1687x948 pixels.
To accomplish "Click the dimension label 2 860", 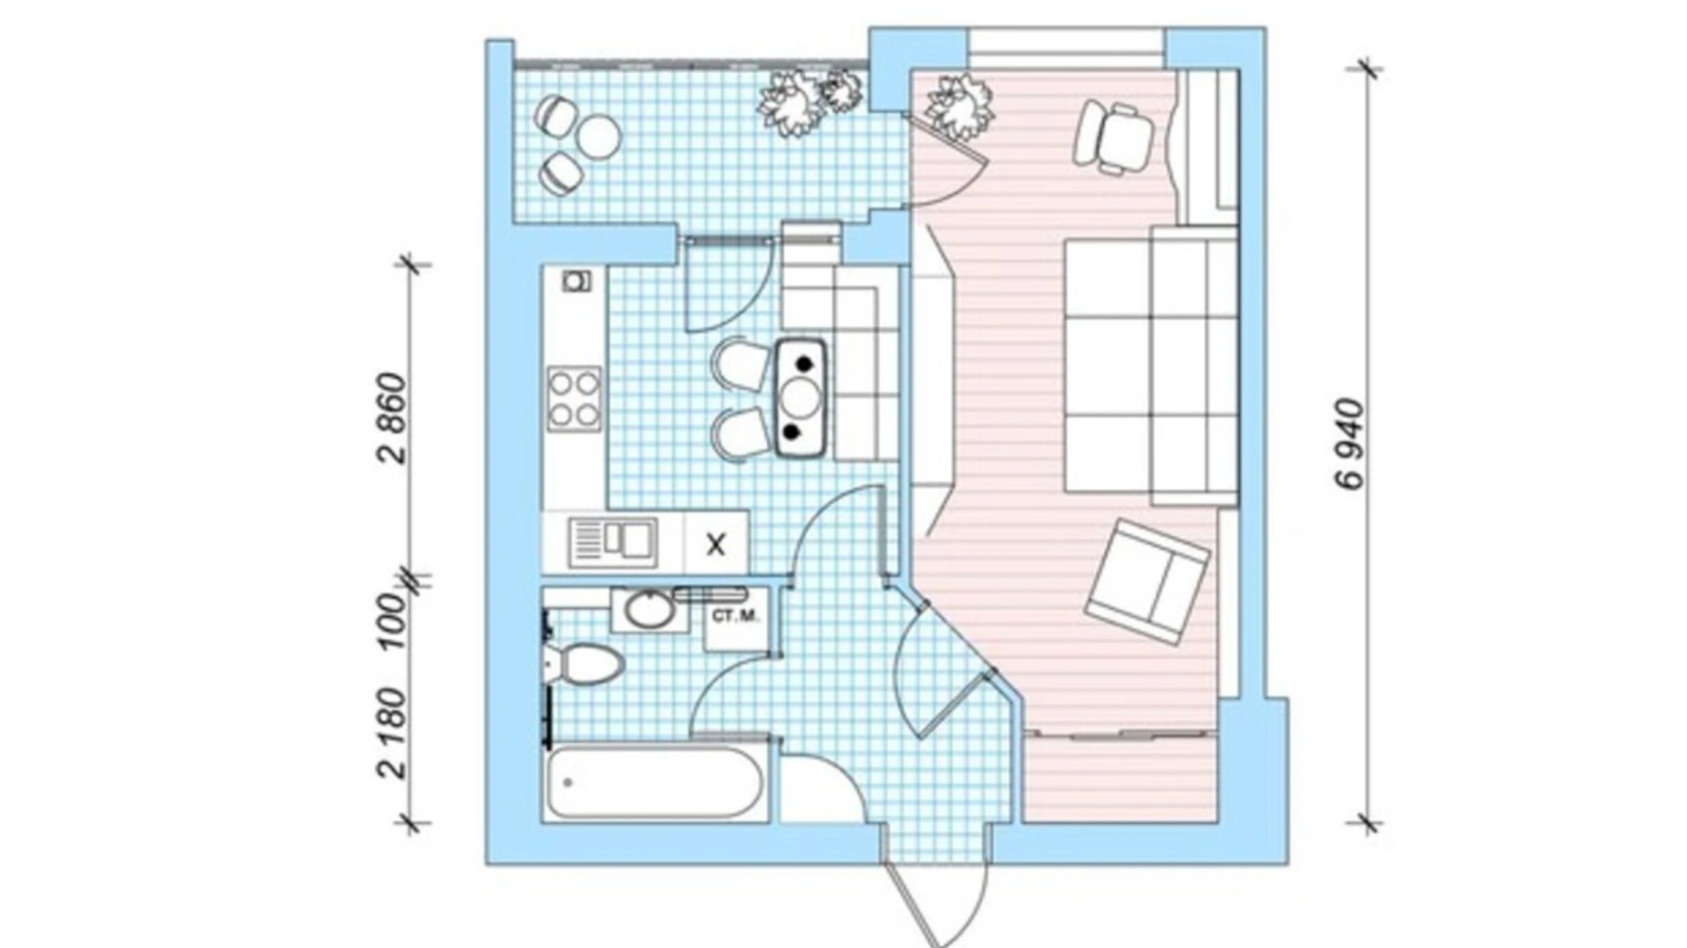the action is (x=390, y=418).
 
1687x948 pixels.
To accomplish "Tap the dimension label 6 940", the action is (x=1352, y=444).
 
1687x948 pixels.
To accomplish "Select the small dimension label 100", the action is (x=390, y=621).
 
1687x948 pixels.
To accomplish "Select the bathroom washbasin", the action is (x=648, y=609).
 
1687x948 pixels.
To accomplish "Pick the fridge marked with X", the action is (x=716, y=543).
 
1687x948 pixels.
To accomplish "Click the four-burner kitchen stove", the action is (x=574, y=398).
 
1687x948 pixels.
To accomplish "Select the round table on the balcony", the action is (x=599, y=137).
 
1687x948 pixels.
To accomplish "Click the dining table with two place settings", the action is (x=802, y=397).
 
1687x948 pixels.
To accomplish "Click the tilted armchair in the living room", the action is (x=1147, y=580).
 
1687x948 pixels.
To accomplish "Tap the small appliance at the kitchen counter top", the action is (x=574, y=282).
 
